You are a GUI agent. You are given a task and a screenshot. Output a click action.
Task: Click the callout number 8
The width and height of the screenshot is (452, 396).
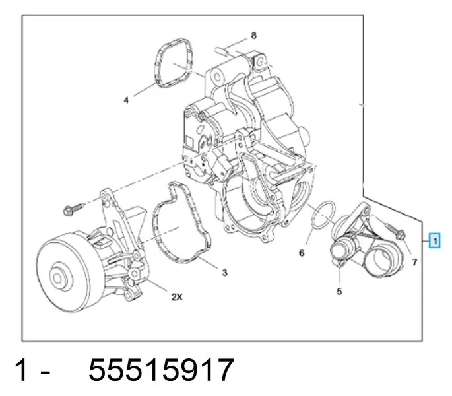[x=253, y=36]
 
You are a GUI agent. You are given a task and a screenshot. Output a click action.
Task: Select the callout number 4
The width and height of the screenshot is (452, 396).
[x=126, y=100]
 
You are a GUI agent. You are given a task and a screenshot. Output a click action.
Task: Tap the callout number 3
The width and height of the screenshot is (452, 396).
[x=224, y=273]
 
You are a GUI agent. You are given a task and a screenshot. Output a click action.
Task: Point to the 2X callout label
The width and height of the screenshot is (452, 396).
[x=177, y=297]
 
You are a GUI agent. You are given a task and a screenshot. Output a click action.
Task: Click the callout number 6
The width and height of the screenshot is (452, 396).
[x=302, y=253]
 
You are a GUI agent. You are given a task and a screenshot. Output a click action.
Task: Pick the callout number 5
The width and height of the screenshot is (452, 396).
[x=339, y=292]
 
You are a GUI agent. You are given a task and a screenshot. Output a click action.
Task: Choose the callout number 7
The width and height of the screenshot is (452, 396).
[x=414, y=262]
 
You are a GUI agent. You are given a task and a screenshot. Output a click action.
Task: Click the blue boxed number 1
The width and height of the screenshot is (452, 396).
[x=435, y=240]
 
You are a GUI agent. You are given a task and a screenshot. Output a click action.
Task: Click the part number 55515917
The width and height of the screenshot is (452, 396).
[x=161, y=370]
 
